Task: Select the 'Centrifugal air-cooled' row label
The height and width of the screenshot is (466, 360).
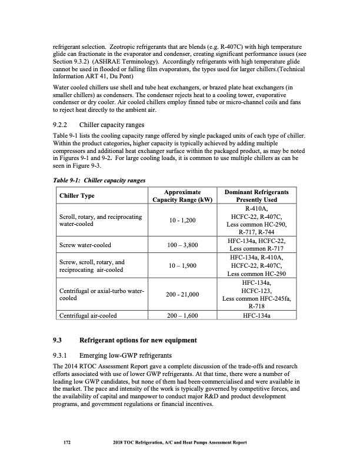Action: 89,315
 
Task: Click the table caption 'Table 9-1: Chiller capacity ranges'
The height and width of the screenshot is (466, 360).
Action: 99,179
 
